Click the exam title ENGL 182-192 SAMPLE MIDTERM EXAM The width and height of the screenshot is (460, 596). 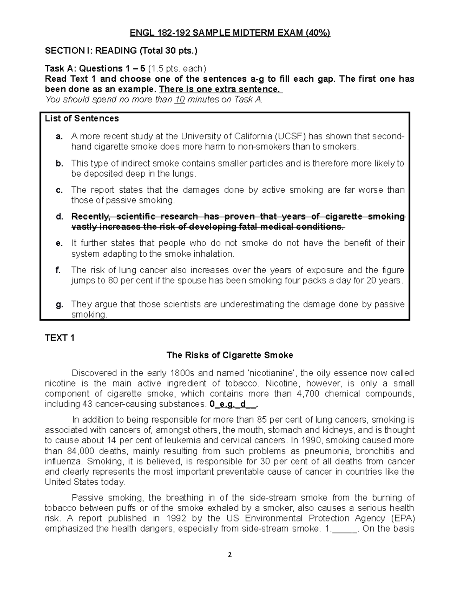(x=230, y=33)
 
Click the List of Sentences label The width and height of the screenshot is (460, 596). (x=82, y=119)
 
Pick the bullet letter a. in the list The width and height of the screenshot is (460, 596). (x=59, y=137)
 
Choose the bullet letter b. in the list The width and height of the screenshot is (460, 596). (x=59, y=163)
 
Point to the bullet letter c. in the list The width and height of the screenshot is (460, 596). (x=59, y=190)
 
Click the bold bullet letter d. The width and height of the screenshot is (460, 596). (x=59, y=217)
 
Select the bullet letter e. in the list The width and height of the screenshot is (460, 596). (x=59, y=243)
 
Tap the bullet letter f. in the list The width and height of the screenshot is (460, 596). (x=58, y=270)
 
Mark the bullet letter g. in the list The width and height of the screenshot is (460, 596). (x=59, y=304)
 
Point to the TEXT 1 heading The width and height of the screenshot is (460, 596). (x=59, y=338)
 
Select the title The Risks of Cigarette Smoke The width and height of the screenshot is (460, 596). (x=230, y=355)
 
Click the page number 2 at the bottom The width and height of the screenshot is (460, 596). (x=230, y=555)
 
